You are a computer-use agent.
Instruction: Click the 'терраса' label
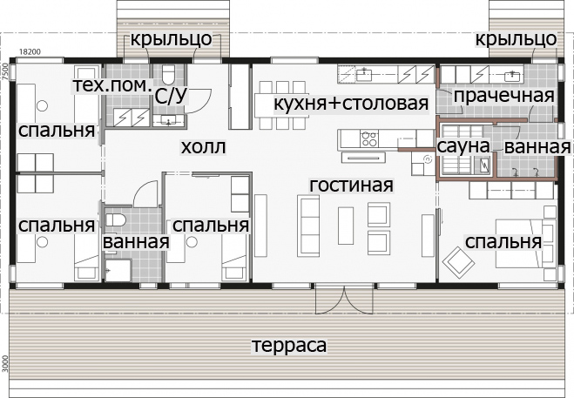point(289,346)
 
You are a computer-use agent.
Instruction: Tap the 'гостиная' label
point(351,186)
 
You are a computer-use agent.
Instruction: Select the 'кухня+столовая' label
point(351,104)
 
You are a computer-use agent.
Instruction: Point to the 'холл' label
point(204,147)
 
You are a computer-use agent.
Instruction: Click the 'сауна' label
point(463,146)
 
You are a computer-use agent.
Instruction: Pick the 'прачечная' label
point(504,96)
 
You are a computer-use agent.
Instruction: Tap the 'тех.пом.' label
point(112,85)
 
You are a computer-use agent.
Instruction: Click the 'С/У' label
point(171,96)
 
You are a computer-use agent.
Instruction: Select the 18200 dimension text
point(30,52)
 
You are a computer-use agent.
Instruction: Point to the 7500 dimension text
point(4,71)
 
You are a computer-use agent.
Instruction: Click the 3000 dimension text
point(4,363)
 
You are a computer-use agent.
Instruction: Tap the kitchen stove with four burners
point(369,138)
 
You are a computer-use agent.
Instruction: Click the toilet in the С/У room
point(169,74)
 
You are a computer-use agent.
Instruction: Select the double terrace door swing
point(344,300)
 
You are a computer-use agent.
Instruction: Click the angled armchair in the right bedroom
point(458,260)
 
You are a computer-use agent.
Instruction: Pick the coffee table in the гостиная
point(346,226)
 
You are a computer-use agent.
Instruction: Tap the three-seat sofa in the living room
point(308,226)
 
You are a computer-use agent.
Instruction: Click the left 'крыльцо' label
point(171,39)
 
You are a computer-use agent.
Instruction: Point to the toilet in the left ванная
point(116,220)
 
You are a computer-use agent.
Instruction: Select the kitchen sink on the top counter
point(364,74)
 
